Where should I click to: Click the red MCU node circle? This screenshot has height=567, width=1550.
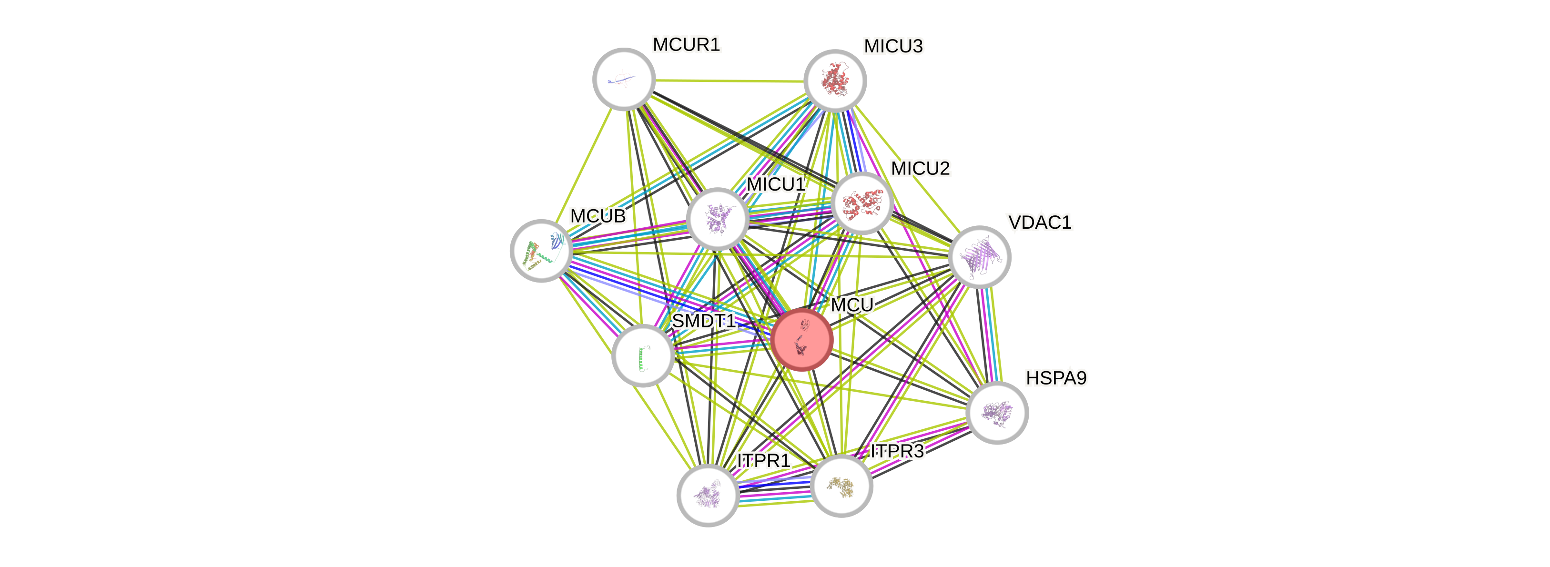(802, 339)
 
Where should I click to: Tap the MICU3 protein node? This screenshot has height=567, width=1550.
(835, 80)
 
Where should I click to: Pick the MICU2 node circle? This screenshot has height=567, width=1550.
(861, 203)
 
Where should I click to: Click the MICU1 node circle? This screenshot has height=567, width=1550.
(717, 219)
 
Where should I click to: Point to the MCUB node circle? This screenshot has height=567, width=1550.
(541, 251)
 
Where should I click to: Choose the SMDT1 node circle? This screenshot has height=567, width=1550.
(643, 355)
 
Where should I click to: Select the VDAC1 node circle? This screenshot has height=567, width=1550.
(980, 257)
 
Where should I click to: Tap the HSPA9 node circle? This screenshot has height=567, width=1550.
(996, 413)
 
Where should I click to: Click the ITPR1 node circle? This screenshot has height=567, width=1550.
(708, 495)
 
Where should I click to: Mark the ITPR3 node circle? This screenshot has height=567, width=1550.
(841, 485)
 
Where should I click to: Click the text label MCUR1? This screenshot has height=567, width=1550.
(687, 44)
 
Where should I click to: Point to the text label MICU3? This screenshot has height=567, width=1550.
(893, 46)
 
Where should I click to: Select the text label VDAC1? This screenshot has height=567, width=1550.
(1039, 223)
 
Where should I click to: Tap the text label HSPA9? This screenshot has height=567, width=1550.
(1056, 379)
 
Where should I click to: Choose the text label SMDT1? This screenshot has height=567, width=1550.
(703, 321)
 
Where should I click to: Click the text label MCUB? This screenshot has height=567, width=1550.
(598, 216)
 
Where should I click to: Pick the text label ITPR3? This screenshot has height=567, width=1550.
(897, 451)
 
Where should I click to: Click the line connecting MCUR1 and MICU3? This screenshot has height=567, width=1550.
(729, 80)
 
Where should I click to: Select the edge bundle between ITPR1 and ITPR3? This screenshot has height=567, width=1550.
(774, 491)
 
